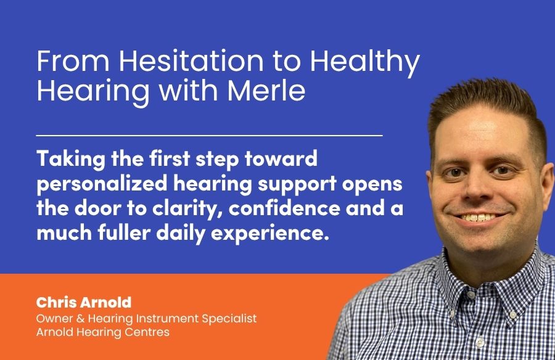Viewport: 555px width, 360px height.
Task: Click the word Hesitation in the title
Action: click(192, 61)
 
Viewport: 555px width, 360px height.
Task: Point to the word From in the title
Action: click(73, 61)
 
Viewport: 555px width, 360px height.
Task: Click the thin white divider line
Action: click(209, 135)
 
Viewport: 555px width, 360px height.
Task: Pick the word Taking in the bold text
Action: click(71, 159)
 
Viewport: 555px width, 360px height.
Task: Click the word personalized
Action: click(102, 184)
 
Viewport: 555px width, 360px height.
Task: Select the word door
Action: click(97, 208)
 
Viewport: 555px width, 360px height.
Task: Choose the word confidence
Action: click(284, 208)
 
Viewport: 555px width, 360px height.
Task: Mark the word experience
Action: click(270, 234)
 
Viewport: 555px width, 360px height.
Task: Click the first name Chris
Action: click(56, 302)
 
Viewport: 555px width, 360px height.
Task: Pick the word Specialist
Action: click(229, 319)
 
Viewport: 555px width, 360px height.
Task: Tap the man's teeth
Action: click(478, 216)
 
